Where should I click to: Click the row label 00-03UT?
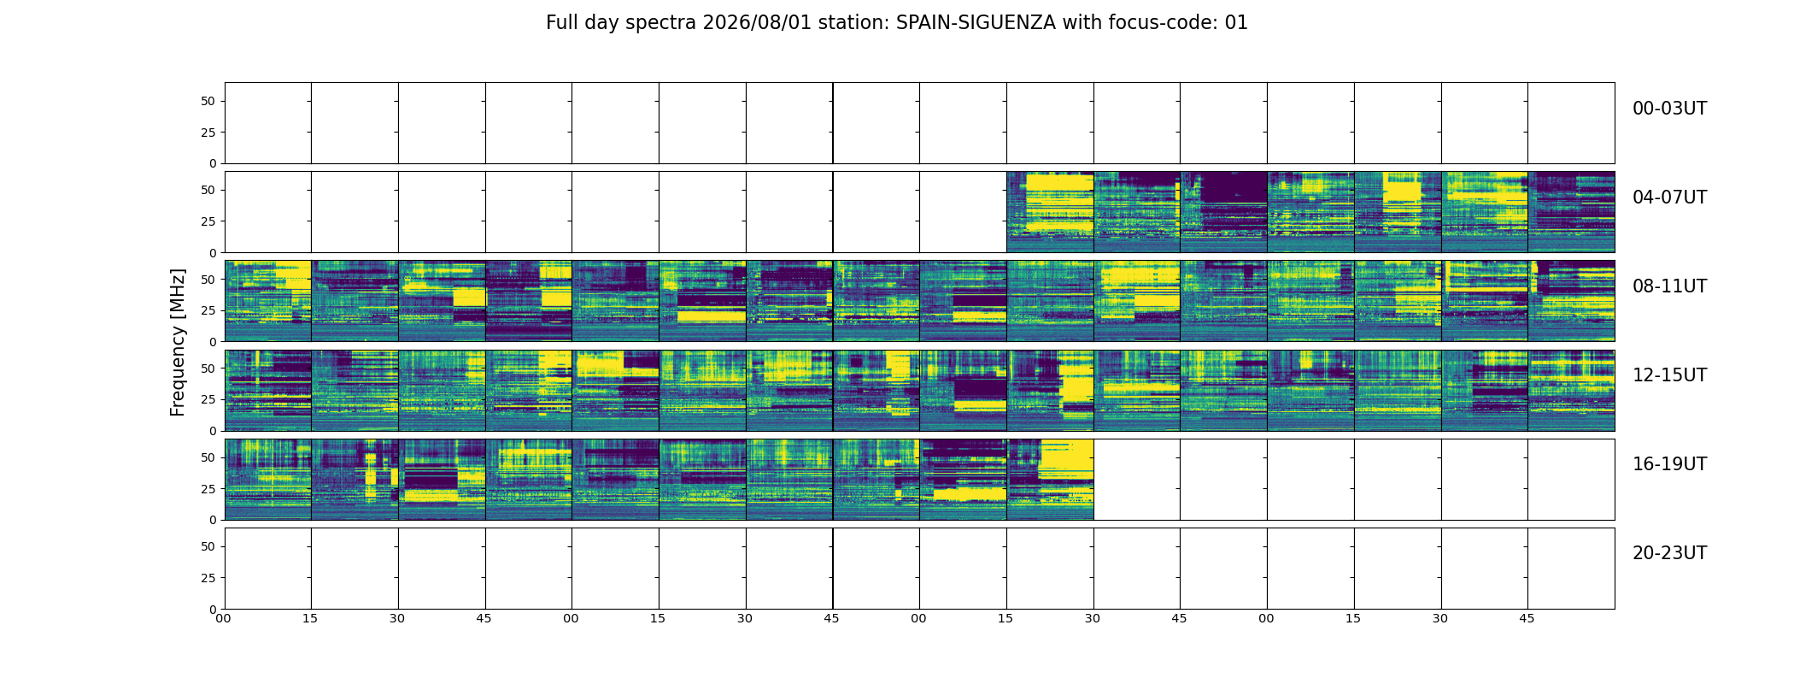coord(1669,109)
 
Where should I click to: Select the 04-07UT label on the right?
coord(1669,198)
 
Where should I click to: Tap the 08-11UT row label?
coord(1669,286)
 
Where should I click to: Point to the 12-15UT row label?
coord(1669,375)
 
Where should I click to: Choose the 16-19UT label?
coord(1669,464)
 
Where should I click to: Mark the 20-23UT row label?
coord(1669,553)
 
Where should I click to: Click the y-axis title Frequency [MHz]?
coord(178,342)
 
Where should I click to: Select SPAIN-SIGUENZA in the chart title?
coord(976,23)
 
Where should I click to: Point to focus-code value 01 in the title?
coord(1236,23)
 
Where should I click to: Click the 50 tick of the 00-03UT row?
coord(208,101)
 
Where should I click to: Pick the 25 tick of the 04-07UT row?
coord(208,221)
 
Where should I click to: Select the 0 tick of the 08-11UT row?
coord(212,342)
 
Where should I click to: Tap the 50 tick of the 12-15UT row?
coord(208,368)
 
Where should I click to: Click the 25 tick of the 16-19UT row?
coord(208,489)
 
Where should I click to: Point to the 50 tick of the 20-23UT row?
coord(208,546)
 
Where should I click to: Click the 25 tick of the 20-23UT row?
coord(208,578)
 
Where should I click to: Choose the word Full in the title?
coord(561,23)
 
